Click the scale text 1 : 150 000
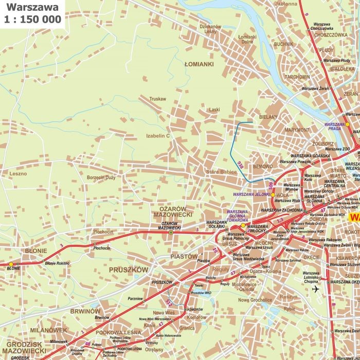coord(32,20)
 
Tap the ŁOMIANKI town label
coord(199,65)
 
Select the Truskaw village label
coord(158,99)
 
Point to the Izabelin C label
coord(157,136)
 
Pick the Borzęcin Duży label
coord(101,177)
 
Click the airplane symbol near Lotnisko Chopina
coord(315,289)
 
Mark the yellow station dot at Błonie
coord(11,264)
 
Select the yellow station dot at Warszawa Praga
coord(347,124)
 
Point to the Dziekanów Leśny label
coord(210,29)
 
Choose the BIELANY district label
coord(268,117)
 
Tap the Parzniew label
coord(135,298)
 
